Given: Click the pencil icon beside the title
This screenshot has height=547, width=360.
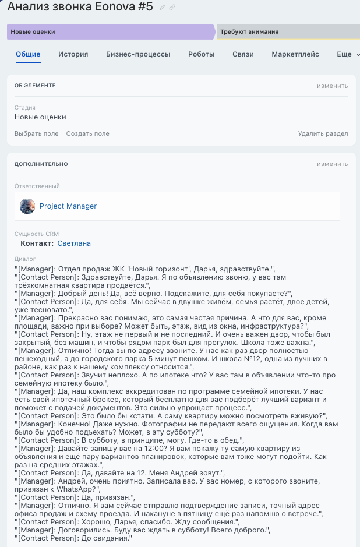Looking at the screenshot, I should (163, 8).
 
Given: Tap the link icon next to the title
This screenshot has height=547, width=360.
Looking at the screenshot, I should (172, 8).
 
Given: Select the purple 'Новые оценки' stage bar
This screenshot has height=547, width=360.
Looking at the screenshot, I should (111, 31).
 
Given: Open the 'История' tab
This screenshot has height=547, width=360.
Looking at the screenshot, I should (73, 54).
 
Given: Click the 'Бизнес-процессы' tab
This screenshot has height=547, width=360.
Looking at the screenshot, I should (138, 54).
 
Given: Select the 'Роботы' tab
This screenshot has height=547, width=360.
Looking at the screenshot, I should (202, 54).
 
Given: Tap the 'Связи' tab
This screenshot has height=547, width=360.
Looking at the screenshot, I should (243, 54).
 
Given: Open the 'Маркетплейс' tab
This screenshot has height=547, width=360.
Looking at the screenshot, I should (295, 54).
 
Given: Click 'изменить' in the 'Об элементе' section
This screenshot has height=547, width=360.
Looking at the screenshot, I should (332, 86).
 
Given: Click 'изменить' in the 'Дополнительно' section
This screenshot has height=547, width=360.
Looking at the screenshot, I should (332, 164).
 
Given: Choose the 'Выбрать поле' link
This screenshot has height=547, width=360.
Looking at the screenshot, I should (36, 134).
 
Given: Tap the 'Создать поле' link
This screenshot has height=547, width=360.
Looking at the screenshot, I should (87, 134).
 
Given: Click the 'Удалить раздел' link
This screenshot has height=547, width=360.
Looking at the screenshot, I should (323, 134).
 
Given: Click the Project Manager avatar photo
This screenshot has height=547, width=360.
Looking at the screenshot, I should (27, 206).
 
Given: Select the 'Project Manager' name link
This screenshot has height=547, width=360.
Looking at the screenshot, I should (68, 206).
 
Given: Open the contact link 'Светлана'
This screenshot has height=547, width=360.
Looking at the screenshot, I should (74, 243).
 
